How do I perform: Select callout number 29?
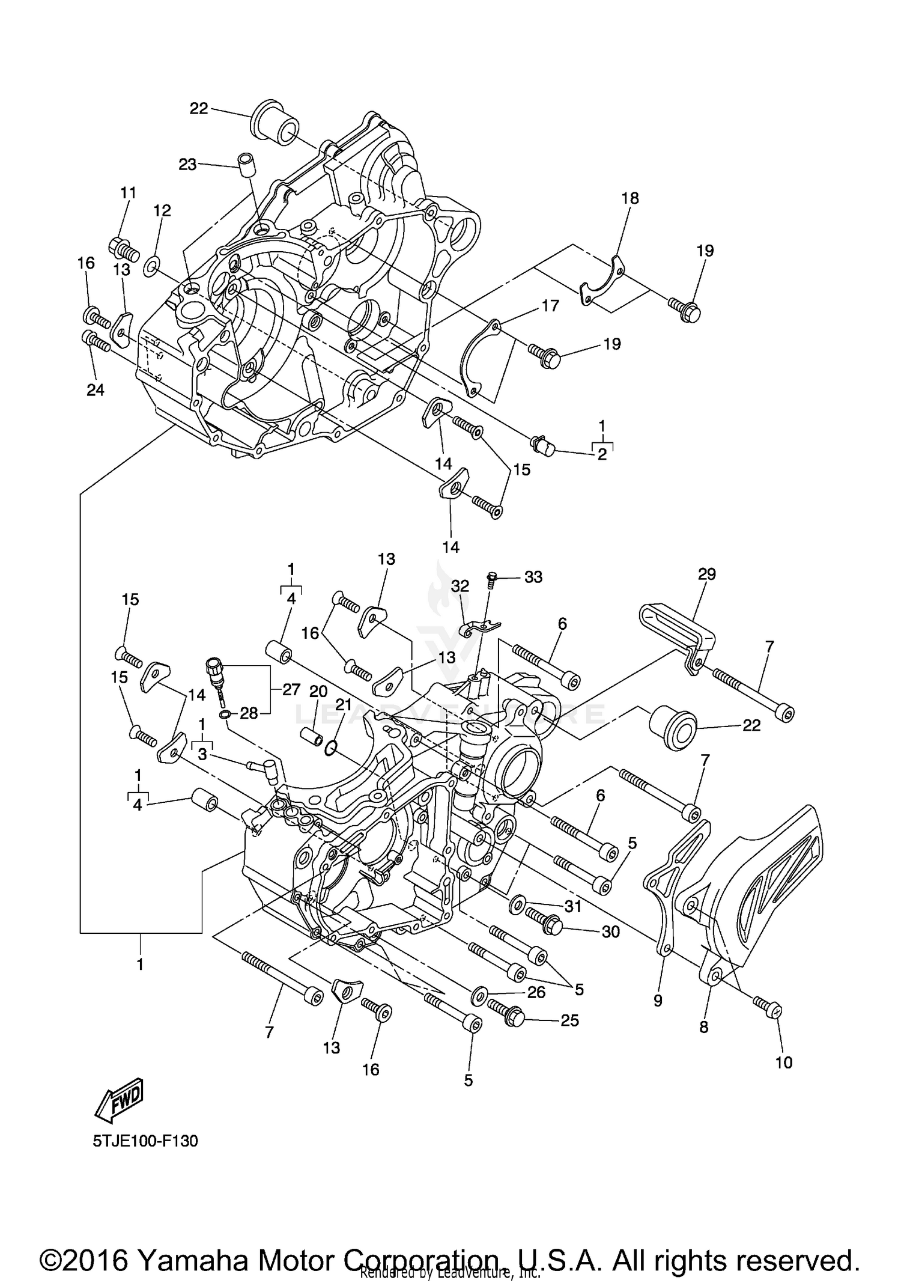coord(706,574)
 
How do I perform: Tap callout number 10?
coord(783,1062)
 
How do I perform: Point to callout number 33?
coord(533,577)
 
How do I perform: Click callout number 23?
coord(187,164)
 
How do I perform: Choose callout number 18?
coord(630,198)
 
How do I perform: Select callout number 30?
coord(610,931)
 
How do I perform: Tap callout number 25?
coord(569,1020)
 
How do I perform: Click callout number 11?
coord(128,193)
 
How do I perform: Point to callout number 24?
coord(95,390)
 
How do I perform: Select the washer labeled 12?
coord(151,264)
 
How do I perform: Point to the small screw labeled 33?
coord(490,578)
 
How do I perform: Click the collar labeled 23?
coord(244,165)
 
